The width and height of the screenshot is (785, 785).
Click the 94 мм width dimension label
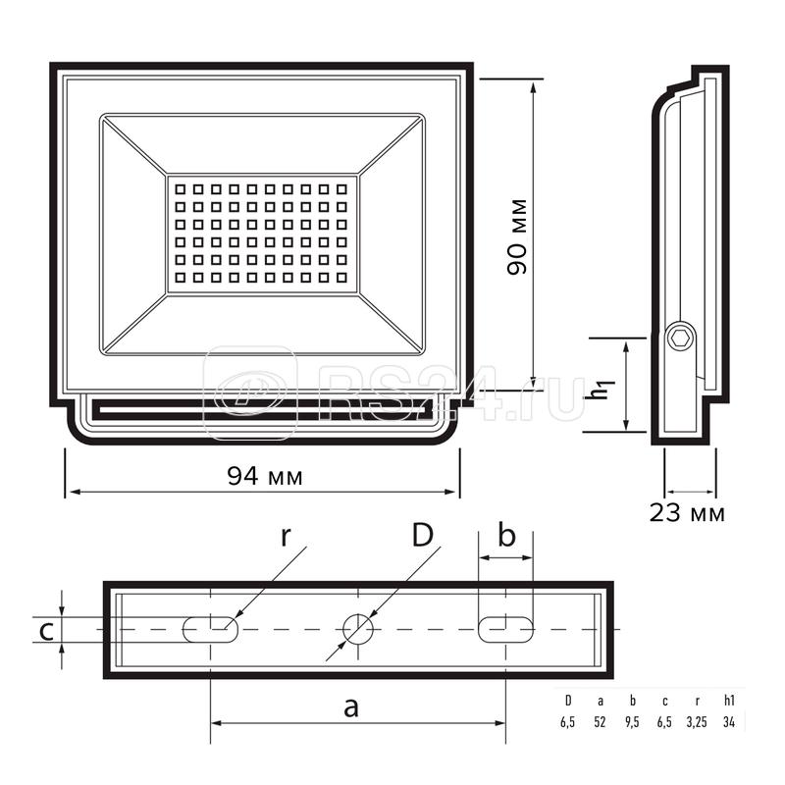pyautogui.click(x=265, y=476)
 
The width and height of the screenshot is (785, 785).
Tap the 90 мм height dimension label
pyautogui.click(x=517, y=236)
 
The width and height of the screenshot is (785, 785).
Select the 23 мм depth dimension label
pyautogui.click(x=687, y=512)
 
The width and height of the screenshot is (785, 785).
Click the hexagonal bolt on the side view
pyautogui.click(x=681, y=339)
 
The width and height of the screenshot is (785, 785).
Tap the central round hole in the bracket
pyautogui.click(x=358, y=629)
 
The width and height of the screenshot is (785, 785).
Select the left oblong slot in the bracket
pyautogui.click(x=210, y=629)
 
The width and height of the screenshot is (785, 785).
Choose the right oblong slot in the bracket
pyautogui.click(x=505, y=629)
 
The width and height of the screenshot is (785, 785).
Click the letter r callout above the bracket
pyautogui.click(x=286, y=536)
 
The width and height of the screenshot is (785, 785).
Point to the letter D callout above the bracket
pyautogui.click(x=423, y=535)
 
